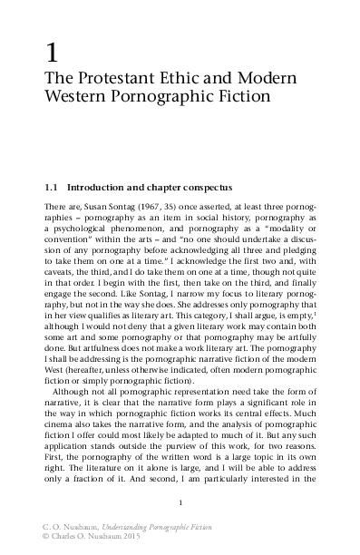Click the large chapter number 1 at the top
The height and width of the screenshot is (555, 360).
click(x=50, y=49)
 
